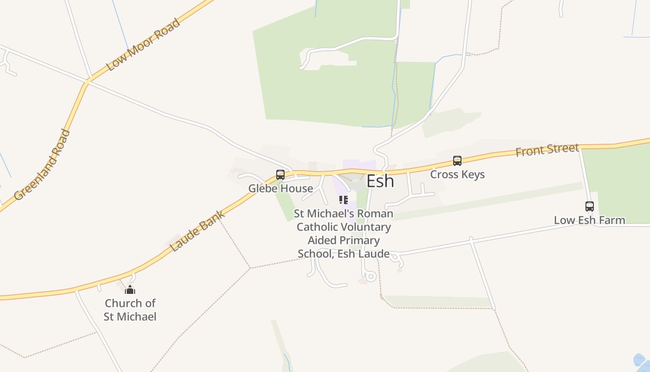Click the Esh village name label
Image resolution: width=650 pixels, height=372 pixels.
point(380,181)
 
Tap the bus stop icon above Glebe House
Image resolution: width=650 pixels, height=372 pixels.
point(280,175)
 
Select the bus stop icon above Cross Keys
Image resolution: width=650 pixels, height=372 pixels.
point(457,161)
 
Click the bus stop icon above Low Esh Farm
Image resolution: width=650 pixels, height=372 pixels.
point(589,206)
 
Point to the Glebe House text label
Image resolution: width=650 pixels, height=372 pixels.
point(280,188)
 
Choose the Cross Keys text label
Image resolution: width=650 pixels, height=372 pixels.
point(457,174)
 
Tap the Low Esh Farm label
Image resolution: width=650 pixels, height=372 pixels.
point(589,220)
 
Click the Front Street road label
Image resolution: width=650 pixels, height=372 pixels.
point(547,150)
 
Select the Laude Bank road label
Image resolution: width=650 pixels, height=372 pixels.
point(198,231)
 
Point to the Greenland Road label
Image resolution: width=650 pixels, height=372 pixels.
point(42,165)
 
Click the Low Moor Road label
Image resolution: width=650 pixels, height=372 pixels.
point(143,45)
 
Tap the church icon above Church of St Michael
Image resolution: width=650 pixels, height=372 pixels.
point(130,290)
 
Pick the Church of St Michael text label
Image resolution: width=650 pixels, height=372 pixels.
point(130,310)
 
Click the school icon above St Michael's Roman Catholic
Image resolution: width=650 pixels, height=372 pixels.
point(344,200)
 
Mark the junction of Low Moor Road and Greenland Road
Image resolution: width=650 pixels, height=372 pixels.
point(87,82)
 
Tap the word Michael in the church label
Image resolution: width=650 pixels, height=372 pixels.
point(136,317)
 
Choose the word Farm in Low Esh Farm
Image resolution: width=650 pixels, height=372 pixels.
point(613,220)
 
